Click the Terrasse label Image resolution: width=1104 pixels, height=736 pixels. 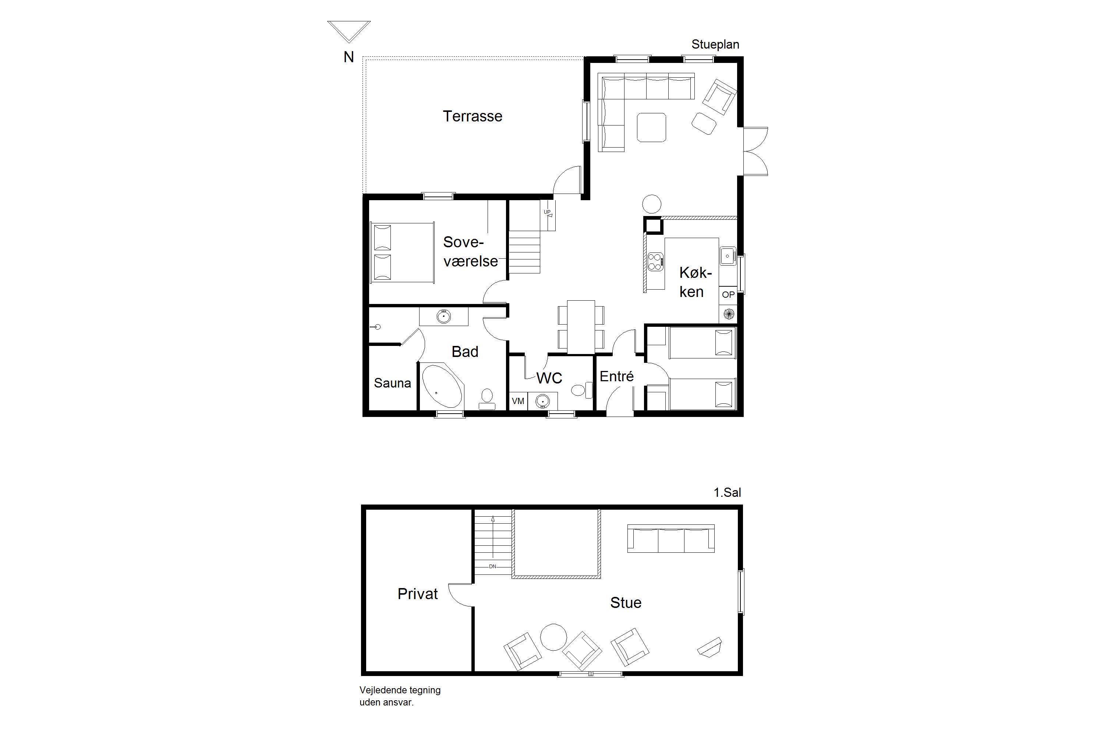472,116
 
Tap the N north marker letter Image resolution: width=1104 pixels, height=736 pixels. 349,57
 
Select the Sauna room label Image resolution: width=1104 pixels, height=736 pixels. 392,383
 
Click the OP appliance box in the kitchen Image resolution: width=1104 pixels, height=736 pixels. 728,295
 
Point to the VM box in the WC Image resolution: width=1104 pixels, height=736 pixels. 518,401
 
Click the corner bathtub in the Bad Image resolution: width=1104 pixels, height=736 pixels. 443,387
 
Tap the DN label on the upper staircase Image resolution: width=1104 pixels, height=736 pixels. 492,567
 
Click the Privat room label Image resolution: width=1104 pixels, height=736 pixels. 417,594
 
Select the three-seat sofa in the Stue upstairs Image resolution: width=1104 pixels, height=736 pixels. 671,538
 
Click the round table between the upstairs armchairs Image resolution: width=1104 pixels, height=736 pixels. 554,637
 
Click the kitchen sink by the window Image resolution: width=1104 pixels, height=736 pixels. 728,256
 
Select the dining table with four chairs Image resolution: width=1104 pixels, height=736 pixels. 581,327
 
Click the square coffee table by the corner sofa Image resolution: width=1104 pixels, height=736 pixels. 651,127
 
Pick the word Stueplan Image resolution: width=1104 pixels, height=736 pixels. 715,45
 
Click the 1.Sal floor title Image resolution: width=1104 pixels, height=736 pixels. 728,492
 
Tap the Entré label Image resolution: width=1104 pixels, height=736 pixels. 617,376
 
